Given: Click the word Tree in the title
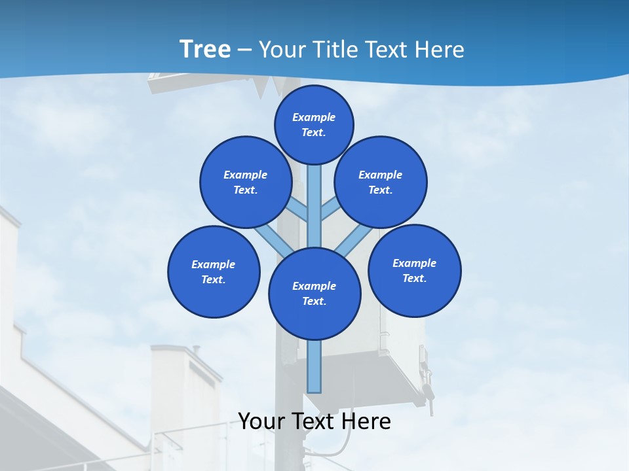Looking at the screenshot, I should [204, 50].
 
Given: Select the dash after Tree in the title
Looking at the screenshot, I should [244, 50].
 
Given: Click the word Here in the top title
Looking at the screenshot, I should [440, 50].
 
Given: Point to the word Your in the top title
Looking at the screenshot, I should [282, 50].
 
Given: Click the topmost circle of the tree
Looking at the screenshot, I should [314, 124].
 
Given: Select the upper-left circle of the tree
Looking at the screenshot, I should [246, 182].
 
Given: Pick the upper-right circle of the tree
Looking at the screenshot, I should [381, 182].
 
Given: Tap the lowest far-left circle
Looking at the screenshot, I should [214, 271].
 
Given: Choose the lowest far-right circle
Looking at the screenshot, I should [415, 270].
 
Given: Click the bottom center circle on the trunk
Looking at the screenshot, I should [314, 294].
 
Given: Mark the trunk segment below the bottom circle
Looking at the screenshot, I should [314, 366].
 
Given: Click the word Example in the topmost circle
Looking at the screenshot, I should [314, 118].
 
